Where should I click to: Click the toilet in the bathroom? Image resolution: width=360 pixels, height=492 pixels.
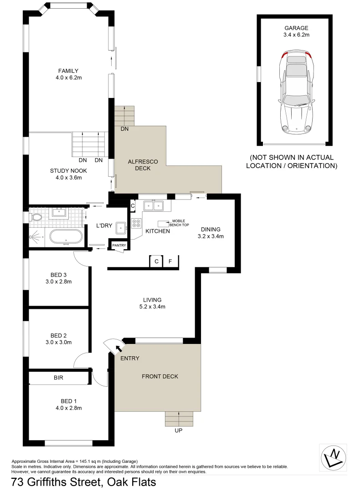(36, 216)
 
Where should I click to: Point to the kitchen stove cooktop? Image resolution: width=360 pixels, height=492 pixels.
(136, 223)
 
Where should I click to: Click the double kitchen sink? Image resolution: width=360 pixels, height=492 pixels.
(154, 206)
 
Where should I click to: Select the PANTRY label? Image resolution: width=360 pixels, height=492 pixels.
(118, 246)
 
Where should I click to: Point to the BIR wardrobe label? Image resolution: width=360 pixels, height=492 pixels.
(58, 378)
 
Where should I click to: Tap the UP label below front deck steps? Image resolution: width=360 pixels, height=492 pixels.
(178, 430)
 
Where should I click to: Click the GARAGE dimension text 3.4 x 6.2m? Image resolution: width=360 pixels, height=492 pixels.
(297, 35)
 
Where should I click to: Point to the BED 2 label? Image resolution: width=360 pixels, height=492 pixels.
(59, 335)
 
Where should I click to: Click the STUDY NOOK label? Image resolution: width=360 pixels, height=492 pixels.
(68, 171)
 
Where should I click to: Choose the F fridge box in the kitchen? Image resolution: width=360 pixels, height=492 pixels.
(170, 261)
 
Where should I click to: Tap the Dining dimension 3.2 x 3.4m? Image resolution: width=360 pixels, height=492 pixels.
(210, 236)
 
